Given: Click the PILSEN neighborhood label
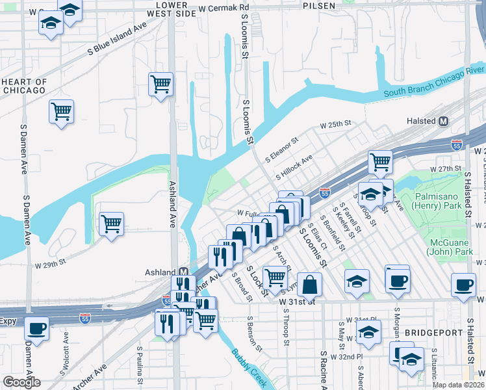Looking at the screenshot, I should click(x=318, y=5).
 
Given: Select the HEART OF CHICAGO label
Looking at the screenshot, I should click(x=24, y=86).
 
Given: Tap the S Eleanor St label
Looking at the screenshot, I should click(x=281, y=149).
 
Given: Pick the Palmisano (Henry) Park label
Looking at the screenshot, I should click(x=442, y=201).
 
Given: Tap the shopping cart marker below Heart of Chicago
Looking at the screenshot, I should click(x=61, y=111).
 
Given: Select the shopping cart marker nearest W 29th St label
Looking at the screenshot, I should click(x=111, y=224).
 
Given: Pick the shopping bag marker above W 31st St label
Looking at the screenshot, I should click(x=311, y=284).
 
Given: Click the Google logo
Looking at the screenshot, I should click(x=21, y=382).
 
